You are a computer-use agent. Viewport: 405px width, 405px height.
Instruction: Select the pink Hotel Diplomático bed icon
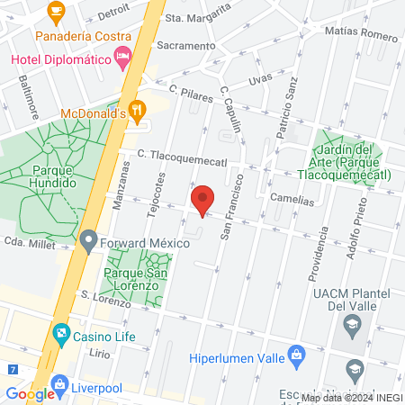coord(124,58)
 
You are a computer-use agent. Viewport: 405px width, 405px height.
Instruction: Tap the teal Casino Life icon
coord(60,335)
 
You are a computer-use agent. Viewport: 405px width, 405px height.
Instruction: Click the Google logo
coord(29,394)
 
